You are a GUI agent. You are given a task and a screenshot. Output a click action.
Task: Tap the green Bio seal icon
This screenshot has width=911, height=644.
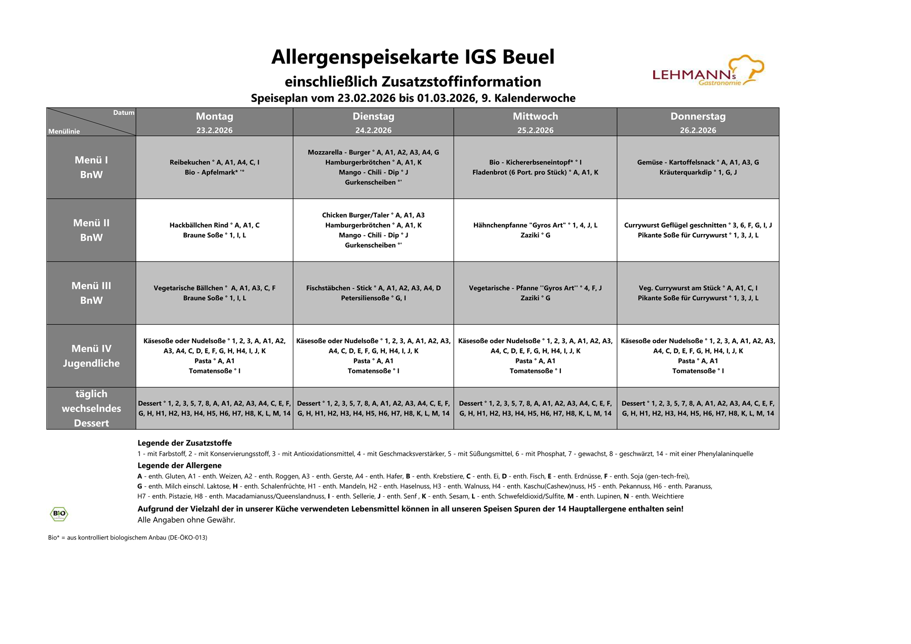coord(59,513)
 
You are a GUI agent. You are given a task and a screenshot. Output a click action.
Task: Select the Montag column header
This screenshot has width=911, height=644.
coord(214,116)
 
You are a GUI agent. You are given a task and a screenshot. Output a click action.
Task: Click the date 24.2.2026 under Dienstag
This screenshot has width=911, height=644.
coord(373,131)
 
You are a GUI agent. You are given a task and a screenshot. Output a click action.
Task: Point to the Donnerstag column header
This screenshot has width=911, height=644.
coord(697,116)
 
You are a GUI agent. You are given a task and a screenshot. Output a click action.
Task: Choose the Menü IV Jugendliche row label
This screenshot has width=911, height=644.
coord(91,356)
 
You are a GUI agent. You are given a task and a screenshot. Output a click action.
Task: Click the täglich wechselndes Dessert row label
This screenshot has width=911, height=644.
coord(91,408)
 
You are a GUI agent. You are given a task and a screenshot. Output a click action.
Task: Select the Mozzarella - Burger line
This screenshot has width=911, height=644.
coord(373,152)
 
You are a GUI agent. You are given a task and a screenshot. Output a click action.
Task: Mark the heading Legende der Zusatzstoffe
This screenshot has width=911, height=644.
coord(185,443)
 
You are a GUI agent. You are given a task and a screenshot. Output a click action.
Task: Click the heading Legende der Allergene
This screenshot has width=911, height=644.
coord(179,466)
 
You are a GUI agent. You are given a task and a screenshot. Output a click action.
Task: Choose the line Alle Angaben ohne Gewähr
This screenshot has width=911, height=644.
coord(186,520)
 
